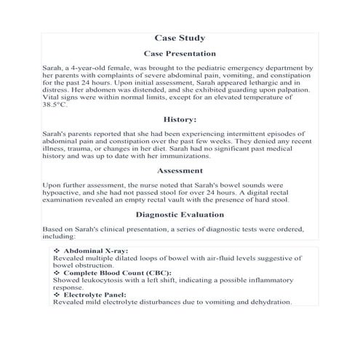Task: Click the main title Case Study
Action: coord(180,37)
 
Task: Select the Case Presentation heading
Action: coord(180,54)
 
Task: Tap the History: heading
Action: coord(180,119)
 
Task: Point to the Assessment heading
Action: coord(180,171)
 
